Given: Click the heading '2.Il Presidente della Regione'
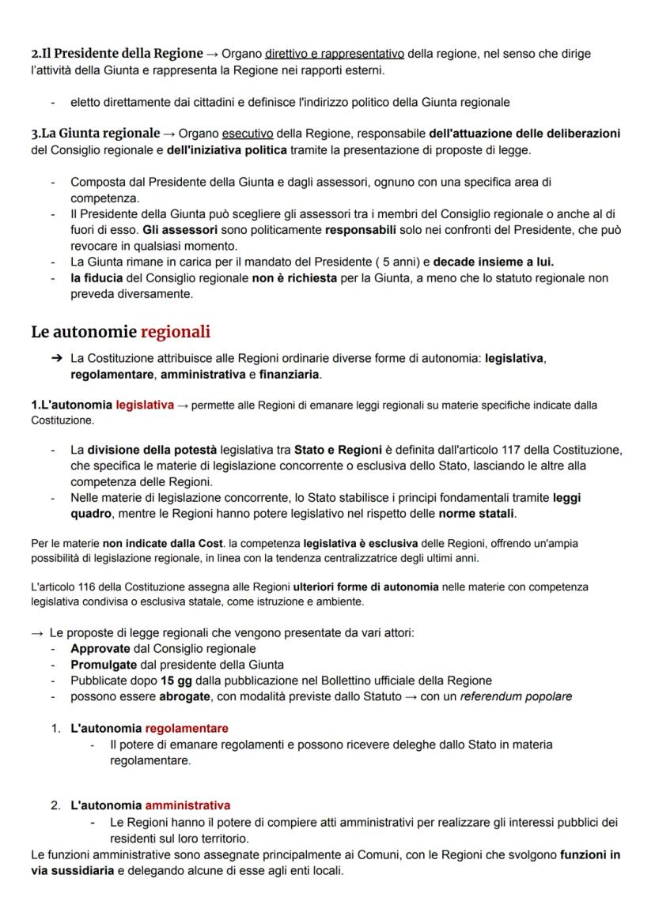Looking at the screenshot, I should click(117, 54).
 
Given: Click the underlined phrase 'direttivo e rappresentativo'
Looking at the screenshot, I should click(335, 54).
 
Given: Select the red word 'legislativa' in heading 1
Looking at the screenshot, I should click(145, 405).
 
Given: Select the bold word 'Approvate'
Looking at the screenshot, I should click(100, 649).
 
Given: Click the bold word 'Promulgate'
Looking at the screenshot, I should click(104, 665).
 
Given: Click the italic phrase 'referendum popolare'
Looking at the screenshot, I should click(516, 696).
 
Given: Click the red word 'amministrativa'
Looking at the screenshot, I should click(187, 805).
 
